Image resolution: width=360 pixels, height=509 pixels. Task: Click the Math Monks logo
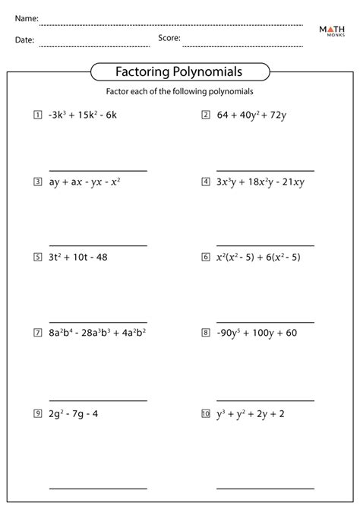click(333, 33)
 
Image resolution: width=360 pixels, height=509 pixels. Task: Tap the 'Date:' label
click(24, 40)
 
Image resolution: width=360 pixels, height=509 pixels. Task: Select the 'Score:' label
click(169, 37)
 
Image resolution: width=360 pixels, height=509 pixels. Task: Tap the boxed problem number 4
click(205, 182)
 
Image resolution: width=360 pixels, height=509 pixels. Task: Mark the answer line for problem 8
click(265, 400)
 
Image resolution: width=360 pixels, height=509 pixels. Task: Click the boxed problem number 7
click(37, 332)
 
